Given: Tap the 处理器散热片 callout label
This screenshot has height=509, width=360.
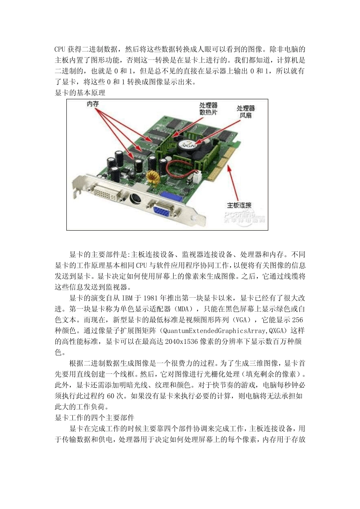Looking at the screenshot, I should (209, 109).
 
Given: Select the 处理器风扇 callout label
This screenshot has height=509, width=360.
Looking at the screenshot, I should (246, 112).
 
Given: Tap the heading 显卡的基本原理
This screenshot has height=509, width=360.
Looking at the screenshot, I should (80, 92).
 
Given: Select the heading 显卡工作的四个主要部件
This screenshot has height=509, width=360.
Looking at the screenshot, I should (94, 418).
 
